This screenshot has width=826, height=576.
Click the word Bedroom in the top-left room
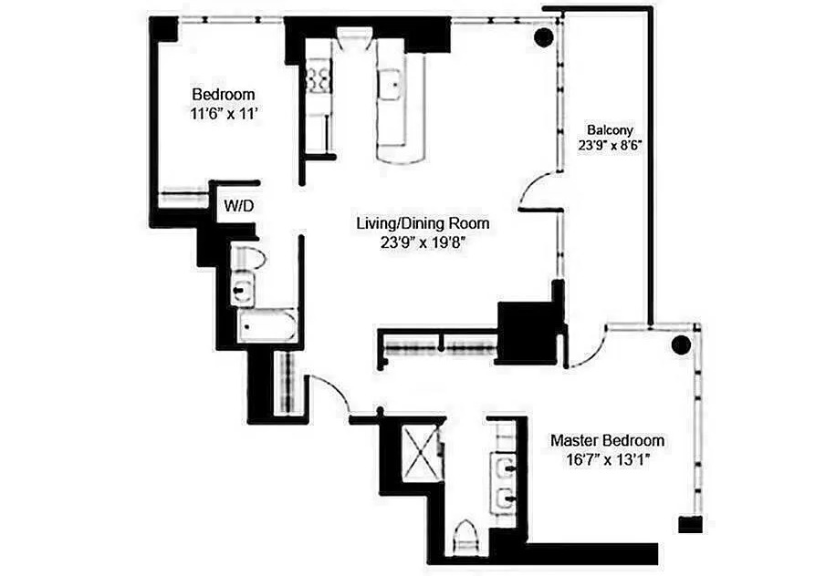pos(223,95)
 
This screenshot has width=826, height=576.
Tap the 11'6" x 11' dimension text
pos(223,116)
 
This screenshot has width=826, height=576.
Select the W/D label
pos(238,207)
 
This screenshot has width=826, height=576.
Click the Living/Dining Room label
pos(423,223)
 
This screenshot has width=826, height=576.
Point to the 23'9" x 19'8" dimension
pos(423,243)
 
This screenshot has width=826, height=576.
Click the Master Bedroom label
pos(607,440)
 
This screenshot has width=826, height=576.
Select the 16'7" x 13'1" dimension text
pos(607,460)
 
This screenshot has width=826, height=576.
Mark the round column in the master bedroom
pos(680,345)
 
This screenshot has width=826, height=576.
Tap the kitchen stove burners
pos(319,77)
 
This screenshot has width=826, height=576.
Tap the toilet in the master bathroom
pos(464,535)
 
